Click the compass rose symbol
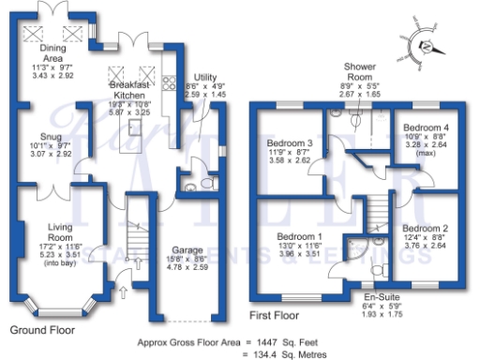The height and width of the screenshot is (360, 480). pos(428,48)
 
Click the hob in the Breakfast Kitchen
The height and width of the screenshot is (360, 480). pos(169,84)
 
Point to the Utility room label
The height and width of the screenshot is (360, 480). pos(204,77)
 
